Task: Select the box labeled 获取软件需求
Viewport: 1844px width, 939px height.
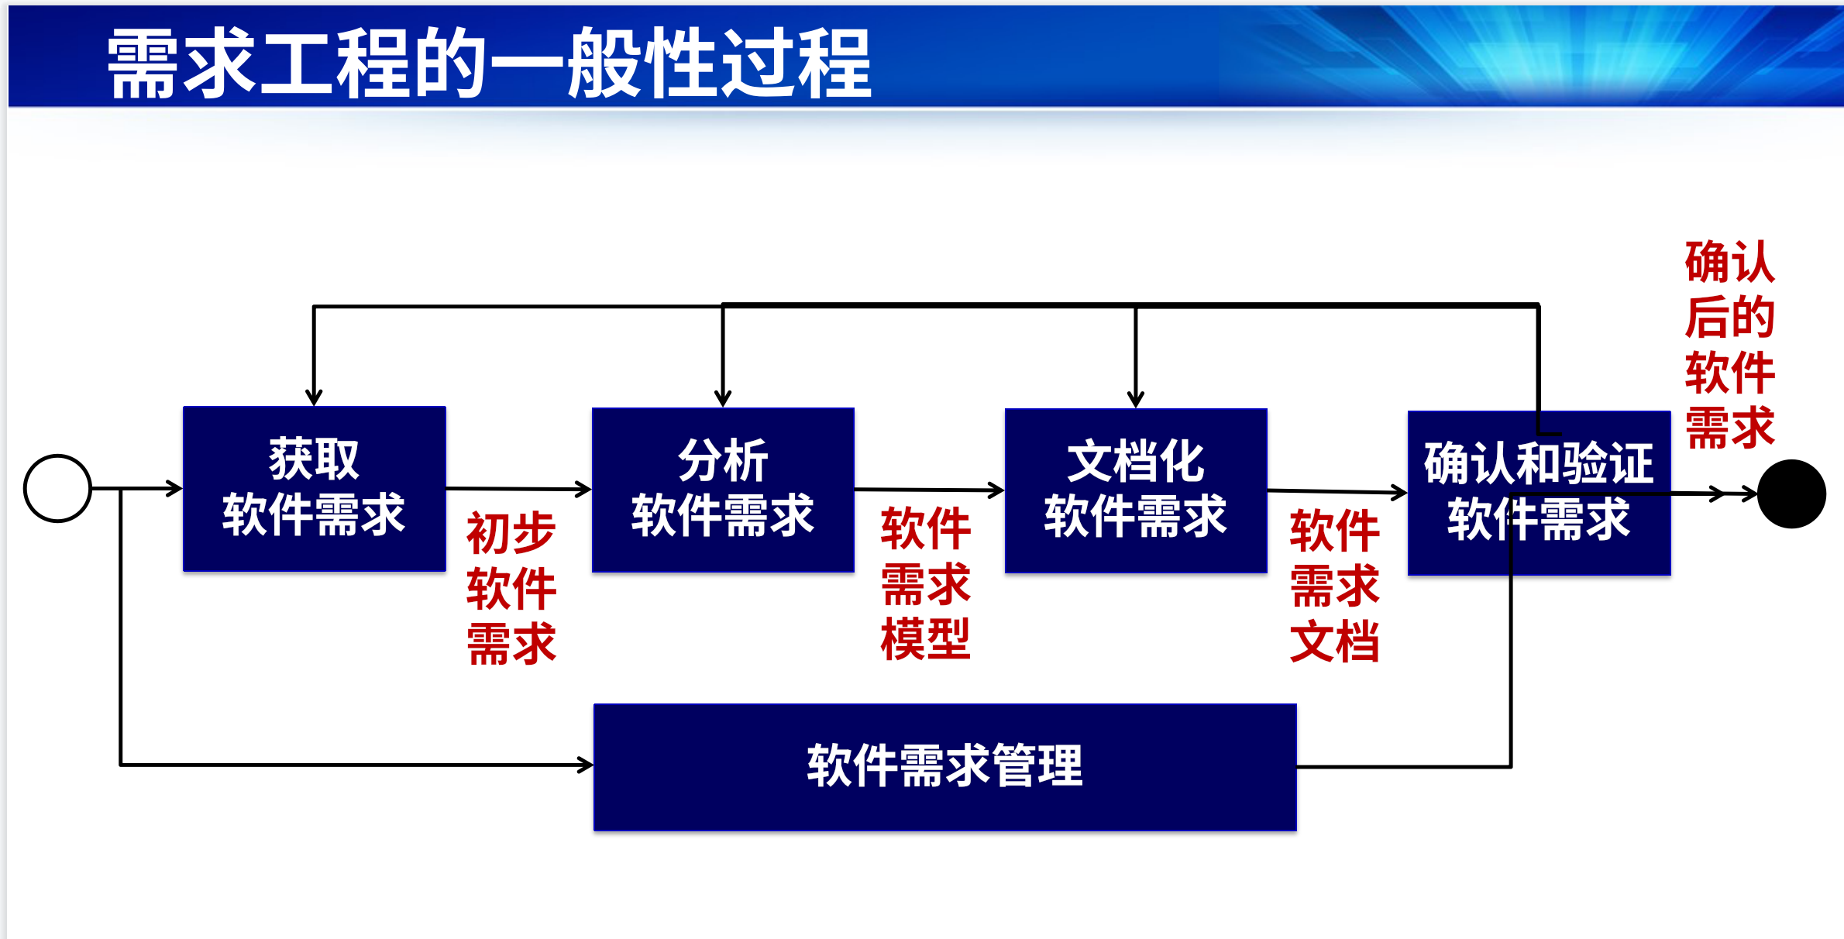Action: click(x=314, y=488)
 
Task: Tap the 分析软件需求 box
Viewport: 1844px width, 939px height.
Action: click(x=723, y=490)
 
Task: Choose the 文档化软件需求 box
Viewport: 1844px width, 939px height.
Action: click(x=1136, y=490)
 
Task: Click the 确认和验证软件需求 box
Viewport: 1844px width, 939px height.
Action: click(x=1539, y=493)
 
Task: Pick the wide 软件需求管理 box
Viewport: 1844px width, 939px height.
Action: click(x=944, y=767)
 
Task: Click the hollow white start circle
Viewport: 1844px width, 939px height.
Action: click(x=58, y=488)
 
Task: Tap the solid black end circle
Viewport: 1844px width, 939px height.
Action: click(x=1791, y=494)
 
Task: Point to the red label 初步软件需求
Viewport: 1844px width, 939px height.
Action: click(x=511, y=589)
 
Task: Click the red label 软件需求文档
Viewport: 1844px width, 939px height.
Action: click(x=1334, y=586)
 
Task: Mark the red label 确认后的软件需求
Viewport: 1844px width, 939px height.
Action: click(x=1729, y=345)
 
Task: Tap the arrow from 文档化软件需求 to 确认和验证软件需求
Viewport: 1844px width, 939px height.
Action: click(x=1337, y=491)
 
